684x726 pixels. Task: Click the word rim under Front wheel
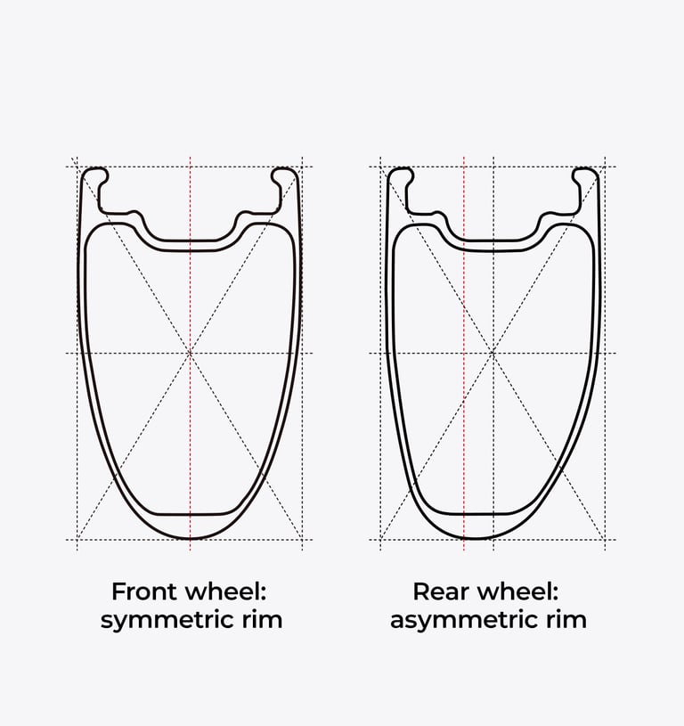point(260,620)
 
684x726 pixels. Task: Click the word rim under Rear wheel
point(566,620)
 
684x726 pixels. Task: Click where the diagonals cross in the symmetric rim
point(190,354)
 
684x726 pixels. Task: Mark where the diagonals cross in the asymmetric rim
point(493,354)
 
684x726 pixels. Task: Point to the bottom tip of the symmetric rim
point(190,538)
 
